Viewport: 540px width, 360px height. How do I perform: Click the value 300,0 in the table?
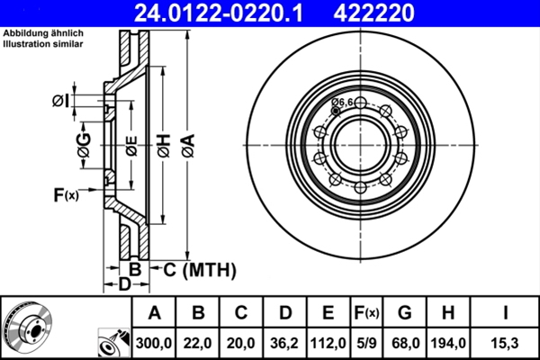[x=155, y=343]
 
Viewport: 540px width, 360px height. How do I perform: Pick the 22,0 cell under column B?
[x=199, y=343]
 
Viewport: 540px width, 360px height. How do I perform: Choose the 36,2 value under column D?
[x=285, y=343]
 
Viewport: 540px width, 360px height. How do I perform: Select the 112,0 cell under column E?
[x=328, y=343]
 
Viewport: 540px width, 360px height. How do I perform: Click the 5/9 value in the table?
[x=365, y=343]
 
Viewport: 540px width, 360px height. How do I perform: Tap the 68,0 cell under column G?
[x=405, y=343]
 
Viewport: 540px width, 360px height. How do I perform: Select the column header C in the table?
[x=241, y=313]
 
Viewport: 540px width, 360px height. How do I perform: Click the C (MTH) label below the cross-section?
[x=199, y=268]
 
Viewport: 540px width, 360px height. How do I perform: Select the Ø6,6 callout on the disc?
[x=343, y=103]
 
